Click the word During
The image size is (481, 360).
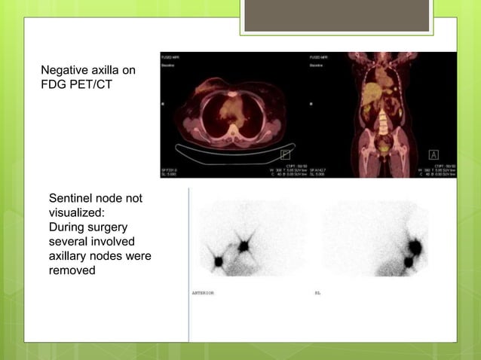69,227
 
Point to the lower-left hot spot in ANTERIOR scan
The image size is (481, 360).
219,261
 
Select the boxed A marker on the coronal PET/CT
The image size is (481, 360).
434,154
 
